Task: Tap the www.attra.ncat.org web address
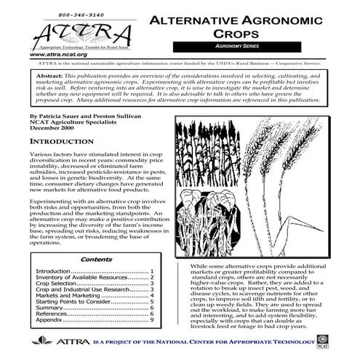[60, 55]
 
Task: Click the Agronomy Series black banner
[236, 46]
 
